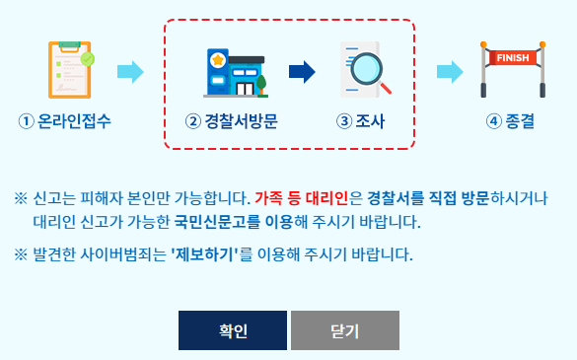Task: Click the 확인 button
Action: coord(232,330)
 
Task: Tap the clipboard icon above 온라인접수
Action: coord(70,71)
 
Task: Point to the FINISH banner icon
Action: coord(512,69)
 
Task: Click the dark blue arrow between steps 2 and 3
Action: coord(302,71)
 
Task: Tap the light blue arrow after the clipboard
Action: coord(130,71)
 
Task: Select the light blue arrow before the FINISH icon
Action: coord(450,71)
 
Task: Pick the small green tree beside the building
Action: coord(262,83)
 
